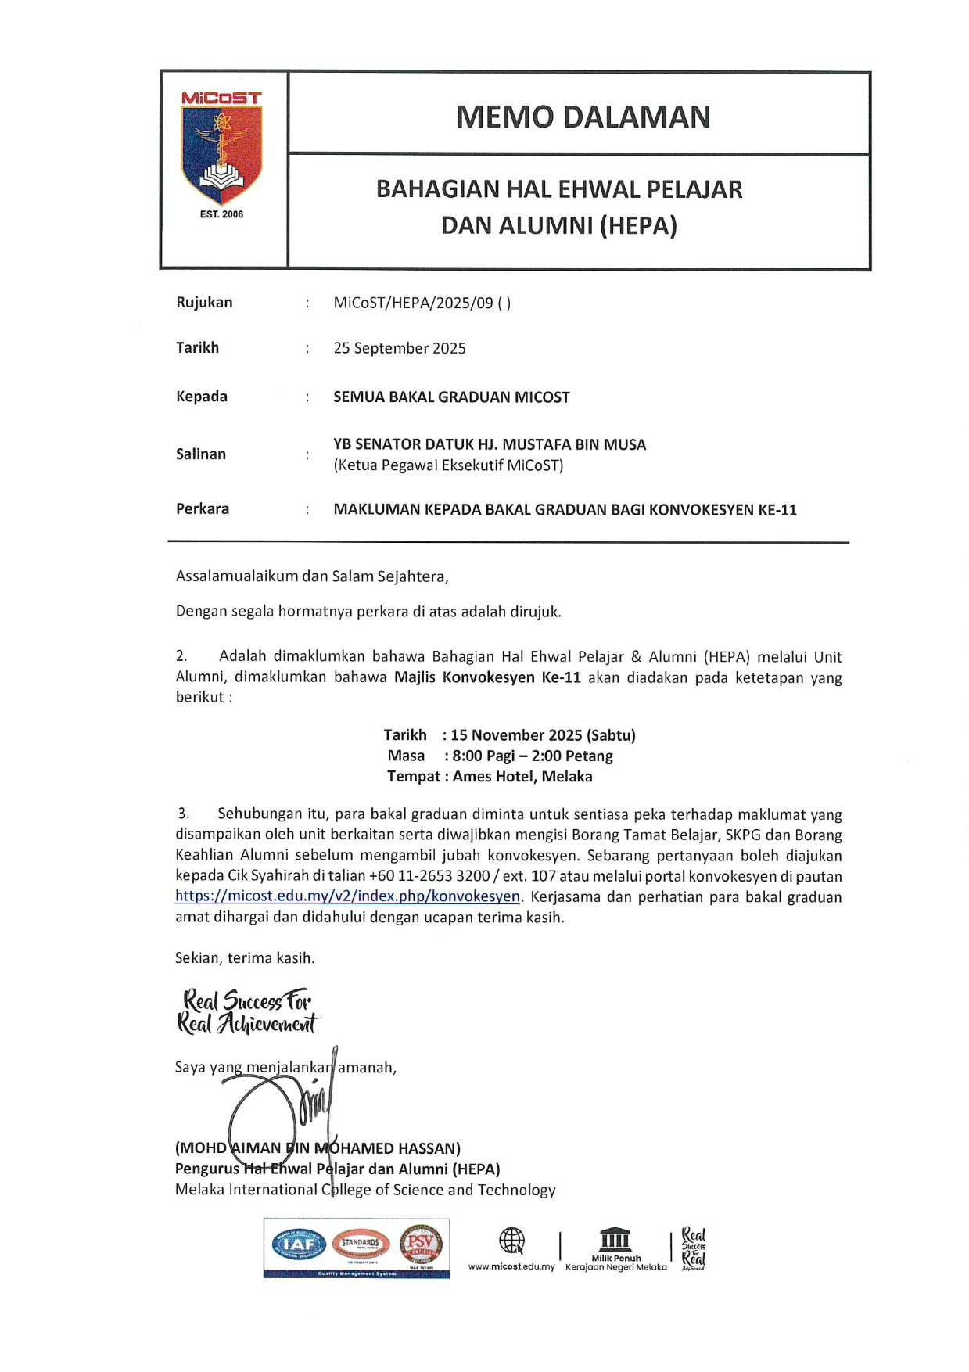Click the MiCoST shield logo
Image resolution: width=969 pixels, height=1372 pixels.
[222, 153]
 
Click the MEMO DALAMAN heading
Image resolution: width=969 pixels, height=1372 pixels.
[583, 117]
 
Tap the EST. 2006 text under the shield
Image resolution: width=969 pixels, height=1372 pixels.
[221, 214]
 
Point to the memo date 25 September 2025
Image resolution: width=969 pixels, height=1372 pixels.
[400, 348]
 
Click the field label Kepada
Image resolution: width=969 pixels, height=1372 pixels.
[202, 397]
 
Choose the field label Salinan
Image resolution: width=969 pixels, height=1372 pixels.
[201, 454]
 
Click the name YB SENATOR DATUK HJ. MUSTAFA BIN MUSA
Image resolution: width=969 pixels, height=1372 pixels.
[490, 444]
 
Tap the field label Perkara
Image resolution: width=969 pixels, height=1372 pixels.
[203, 508]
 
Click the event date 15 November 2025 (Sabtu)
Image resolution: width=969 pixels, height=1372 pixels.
[543, 735]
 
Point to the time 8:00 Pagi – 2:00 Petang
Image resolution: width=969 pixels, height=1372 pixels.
[532, 756]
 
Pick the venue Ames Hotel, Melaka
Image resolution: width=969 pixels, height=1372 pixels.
[522, 777]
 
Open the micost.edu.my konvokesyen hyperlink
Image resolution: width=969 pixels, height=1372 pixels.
[347, 896]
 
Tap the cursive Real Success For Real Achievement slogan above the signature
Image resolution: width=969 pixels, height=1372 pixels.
[248, 1012]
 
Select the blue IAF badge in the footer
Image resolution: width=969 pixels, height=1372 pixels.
[300, 1244]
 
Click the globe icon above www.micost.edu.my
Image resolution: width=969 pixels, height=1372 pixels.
[511, 1241]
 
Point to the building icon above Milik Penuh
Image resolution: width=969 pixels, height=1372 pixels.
[615, 1239]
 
